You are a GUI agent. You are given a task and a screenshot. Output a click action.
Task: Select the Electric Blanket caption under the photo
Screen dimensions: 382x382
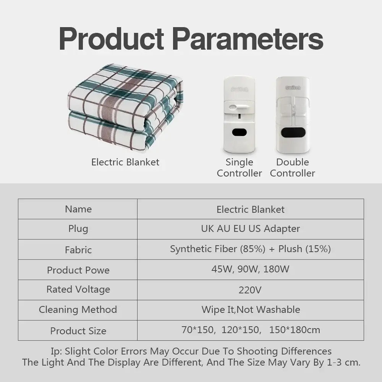(x=125, y=162)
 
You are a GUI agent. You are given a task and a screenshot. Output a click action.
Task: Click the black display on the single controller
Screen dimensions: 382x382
(x=239, y=132)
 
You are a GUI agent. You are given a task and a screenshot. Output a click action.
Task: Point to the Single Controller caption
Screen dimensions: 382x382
(x=239, y=168)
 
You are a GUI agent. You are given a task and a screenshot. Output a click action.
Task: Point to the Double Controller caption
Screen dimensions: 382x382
(x=292, y=168)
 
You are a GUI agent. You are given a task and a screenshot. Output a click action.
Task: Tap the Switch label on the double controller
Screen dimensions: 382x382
(x=293, y=87)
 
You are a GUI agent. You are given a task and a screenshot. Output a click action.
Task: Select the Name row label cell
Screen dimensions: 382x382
(x=78, y=209)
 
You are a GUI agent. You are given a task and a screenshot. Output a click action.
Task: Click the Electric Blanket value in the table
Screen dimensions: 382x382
(x=250, y=209)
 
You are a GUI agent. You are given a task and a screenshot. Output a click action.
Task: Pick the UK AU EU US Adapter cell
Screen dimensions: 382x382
(x=250, y=229)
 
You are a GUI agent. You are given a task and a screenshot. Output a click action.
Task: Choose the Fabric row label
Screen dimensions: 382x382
(x=78, y=250)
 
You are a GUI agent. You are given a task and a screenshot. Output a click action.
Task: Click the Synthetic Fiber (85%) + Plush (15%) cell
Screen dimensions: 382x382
(x=250, y=249)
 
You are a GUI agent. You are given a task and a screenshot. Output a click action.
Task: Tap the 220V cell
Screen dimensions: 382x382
(x=250, y=290)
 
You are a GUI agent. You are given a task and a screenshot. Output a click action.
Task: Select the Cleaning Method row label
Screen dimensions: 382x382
(x=78, y=309)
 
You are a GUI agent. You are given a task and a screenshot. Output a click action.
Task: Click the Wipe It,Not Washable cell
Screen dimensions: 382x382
(x=250, y=309)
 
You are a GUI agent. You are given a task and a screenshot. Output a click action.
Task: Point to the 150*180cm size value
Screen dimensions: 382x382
(x=295, y=330)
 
